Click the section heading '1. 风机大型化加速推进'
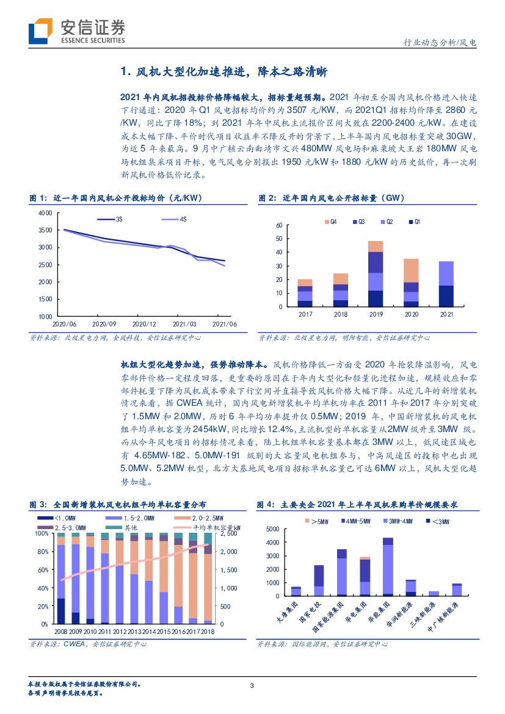tap(224, 72)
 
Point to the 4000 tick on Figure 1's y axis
tap(45, 212)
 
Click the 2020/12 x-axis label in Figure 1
tap(145, 324)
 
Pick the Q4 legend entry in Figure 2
tap(330, 221)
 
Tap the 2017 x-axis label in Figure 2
tap(305, 314)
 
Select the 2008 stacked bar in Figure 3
tap(60, 578)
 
